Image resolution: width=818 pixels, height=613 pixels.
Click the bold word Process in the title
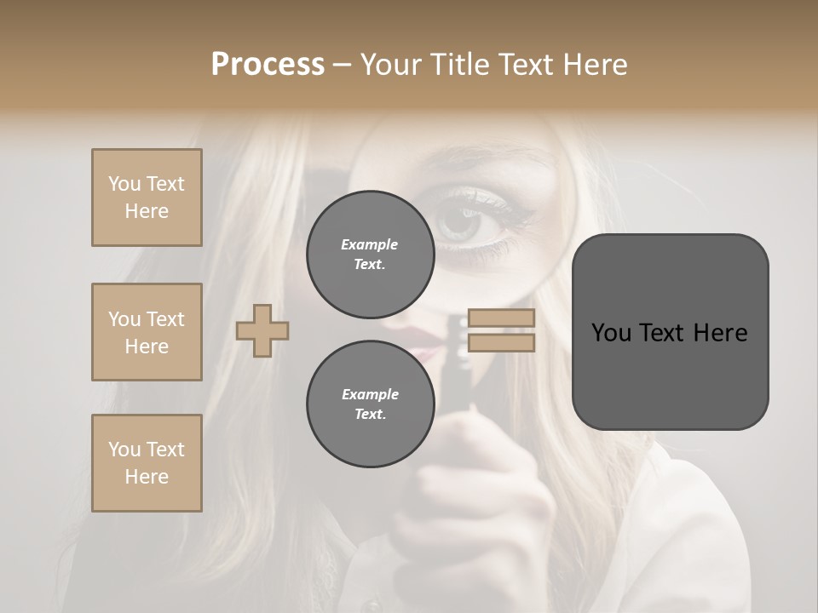[x=268, y=65]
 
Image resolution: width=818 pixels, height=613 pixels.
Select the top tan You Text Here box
[x=147, y=198]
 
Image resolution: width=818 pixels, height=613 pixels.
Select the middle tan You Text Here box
[x=147, y=332]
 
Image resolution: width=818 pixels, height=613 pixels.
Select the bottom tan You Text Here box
[x=147, y=463]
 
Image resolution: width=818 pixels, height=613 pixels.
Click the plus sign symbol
[x=262, y=330]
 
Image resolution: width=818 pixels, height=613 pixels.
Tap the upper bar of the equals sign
[x=502, y=318]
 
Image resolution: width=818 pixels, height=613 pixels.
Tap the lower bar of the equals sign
[x=502, y=343]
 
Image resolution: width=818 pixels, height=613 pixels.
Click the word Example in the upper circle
[x=370, y=244]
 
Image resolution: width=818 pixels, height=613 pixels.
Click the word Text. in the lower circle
[x=370, y=415]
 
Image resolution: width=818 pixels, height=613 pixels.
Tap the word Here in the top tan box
[x=147, y=211]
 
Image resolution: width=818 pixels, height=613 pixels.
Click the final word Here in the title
[x=594, y=65]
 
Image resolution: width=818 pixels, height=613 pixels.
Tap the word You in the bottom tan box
[x=124, y=450]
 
